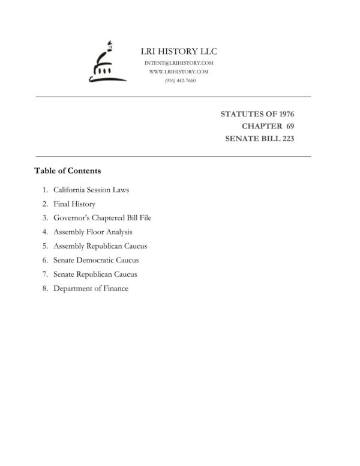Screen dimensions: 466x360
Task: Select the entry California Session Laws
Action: click(91, 190)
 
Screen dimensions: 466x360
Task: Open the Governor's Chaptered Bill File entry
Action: click(102, 218)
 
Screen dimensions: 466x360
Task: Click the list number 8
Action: click(44, 288)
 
